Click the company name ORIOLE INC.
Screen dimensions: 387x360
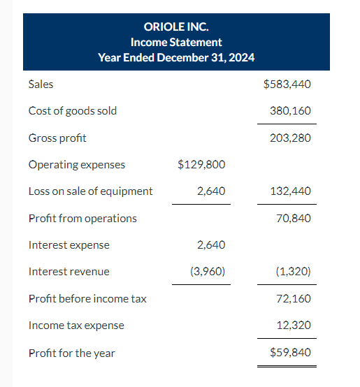pyautogui.click(x=176, y=27)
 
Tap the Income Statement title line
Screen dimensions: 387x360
pyautogui.click(x=176, y=42)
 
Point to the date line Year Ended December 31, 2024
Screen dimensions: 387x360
pyautogui.click(x=176, y=57)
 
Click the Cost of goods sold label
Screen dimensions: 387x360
pyautogui.click(x=73, y=111)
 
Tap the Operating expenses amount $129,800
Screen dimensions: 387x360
pyautogui.click(x=201, y=165)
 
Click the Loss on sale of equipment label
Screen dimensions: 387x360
pyautogui.click(x=90, y=191)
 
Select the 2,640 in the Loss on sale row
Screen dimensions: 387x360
pyautogui.click(x=211, y=191)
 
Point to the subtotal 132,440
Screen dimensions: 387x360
pyautogui.click(x=290, y=191)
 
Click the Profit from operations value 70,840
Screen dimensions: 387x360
pyautogui.click(x=294, y=219)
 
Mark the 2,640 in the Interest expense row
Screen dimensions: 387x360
pyautogui.click(x=211, y=245)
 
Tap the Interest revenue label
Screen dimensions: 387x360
pyautogui.click(x=69, y=272)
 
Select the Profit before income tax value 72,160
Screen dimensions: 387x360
pyautogui.click(x=294, y=299)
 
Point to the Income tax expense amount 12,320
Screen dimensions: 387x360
pyautogui.click(x=294, y=326)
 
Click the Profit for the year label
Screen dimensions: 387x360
pyautogui.click(x=71, y=353)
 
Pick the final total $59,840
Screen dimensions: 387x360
pyautogui.click(x=290, y=353)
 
